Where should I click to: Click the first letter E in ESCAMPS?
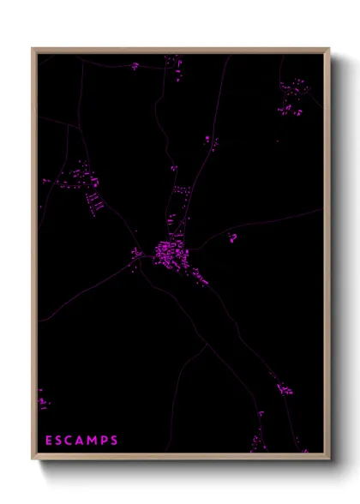pos(49,441)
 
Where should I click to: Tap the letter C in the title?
pos(70,441)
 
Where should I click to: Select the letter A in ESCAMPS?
pos(81,441)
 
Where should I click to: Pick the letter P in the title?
pos(105,441)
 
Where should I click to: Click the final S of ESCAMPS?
pos(115,441)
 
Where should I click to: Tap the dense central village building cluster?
pos(166,252)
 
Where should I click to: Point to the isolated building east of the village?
pos(232,238)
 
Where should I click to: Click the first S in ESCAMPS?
pos(59,441)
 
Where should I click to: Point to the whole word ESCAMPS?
pos(81,441)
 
